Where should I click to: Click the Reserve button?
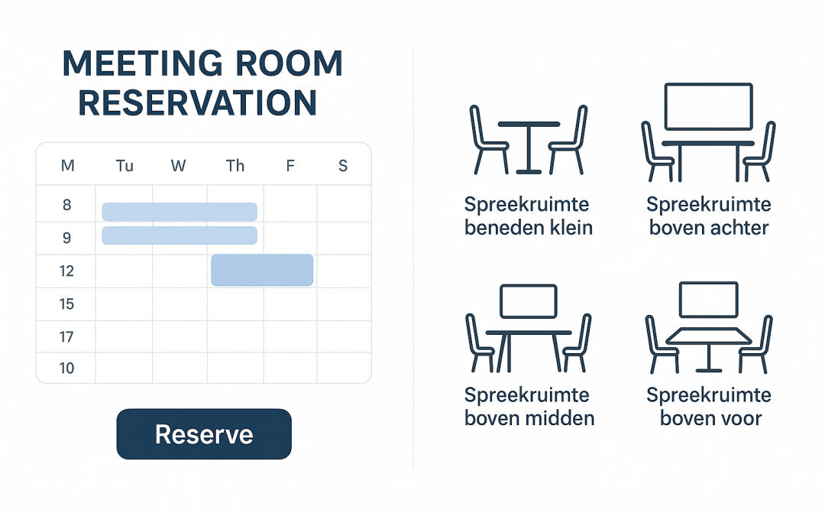point(204,434)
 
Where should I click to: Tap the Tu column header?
point(125,165)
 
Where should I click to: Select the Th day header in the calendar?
point(235,165)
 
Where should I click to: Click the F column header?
point(290,165)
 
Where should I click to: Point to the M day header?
point(67,165)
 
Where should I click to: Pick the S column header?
point(343,165)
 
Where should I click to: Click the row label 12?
point(67,271)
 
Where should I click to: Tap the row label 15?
point(67,304)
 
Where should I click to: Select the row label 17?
point(67,336)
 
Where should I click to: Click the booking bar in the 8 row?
point(180,212)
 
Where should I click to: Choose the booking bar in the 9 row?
point(180,235)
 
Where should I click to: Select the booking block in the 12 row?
point(262,270)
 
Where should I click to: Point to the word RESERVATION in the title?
point(198,103)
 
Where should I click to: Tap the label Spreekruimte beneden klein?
point(528,216)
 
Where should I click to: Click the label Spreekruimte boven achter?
point(709,216)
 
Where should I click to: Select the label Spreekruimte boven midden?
point(529,407)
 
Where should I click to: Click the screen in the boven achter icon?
point(708,106)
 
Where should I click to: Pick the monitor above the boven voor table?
point(708,300)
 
